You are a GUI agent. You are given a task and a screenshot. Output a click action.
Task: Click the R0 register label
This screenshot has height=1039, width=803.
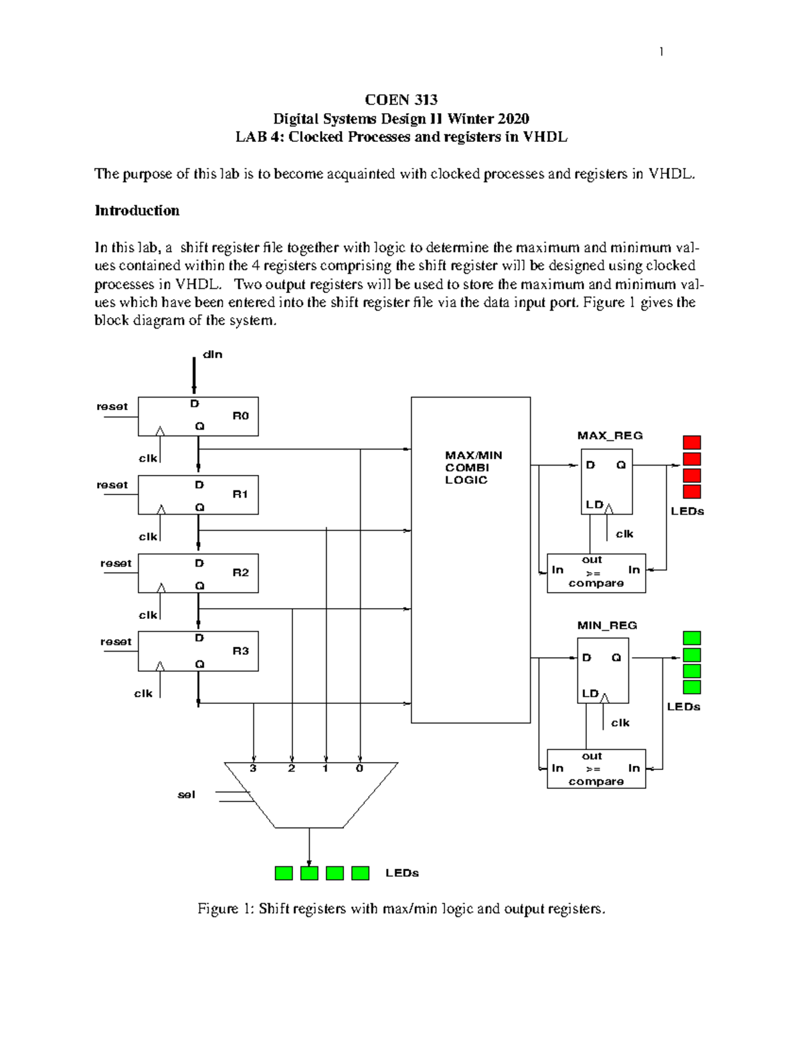click(240, 415)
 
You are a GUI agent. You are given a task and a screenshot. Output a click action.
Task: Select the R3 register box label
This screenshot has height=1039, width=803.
click(240, 650)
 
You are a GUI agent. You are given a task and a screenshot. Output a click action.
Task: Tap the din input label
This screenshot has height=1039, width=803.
click(212, 355)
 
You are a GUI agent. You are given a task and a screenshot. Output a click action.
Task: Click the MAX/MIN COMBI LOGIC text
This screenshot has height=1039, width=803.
click(473, 467)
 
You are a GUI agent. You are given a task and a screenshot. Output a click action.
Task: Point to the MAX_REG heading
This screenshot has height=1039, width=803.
click(610, 436)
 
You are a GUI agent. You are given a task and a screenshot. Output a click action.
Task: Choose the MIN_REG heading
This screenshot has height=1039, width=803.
click(607, 626)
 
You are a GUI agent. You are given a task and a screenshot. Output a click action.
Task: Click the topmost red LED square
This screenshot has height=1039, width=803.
click(692, 442)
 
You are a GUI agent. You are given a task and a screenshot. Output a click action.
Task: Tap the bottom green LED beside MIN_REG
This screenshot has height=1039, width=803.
click(691, 687)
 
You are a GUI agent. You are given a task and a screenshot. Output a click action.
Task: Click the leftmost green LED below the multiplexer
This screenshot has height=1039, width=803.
click(284, 873)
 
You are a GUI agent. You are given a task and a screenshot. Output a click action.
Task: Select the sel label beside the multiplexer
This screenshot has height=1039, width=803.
click(186, 795)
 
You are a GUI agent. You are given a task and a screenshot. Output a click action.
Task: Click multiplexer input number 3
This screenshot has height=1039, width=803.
click(253, 769)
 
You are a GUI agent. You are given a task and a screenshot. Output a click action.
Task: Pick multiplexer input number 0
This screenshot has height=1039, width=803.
click(359, 769)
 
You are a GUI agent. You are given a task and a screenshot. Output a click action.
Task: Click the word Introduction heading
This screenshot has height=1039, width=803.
click(137, 211)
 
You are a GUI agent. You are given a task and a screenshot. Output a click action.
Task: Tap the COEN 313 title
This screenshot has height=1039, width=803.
click(401, 100)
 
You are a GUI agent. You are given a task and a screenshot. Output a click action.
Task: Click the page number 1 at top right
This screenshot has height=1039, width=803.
click(661, 52)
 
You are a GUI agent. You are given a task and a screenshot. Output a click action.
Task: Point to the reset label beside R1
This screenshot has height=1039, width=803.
click(112, 484)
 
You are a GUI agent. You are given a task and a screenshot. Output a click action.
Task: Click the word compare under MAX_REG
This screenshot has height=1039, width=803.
click(596, 583)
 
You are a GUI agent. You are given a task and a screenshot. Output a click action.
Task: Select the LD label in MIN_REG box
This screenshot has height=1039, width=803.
click(590, 693)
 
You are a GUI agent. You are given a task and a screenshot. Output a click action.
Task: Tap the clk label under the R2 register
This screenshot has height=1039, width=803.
click(148, 615)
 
